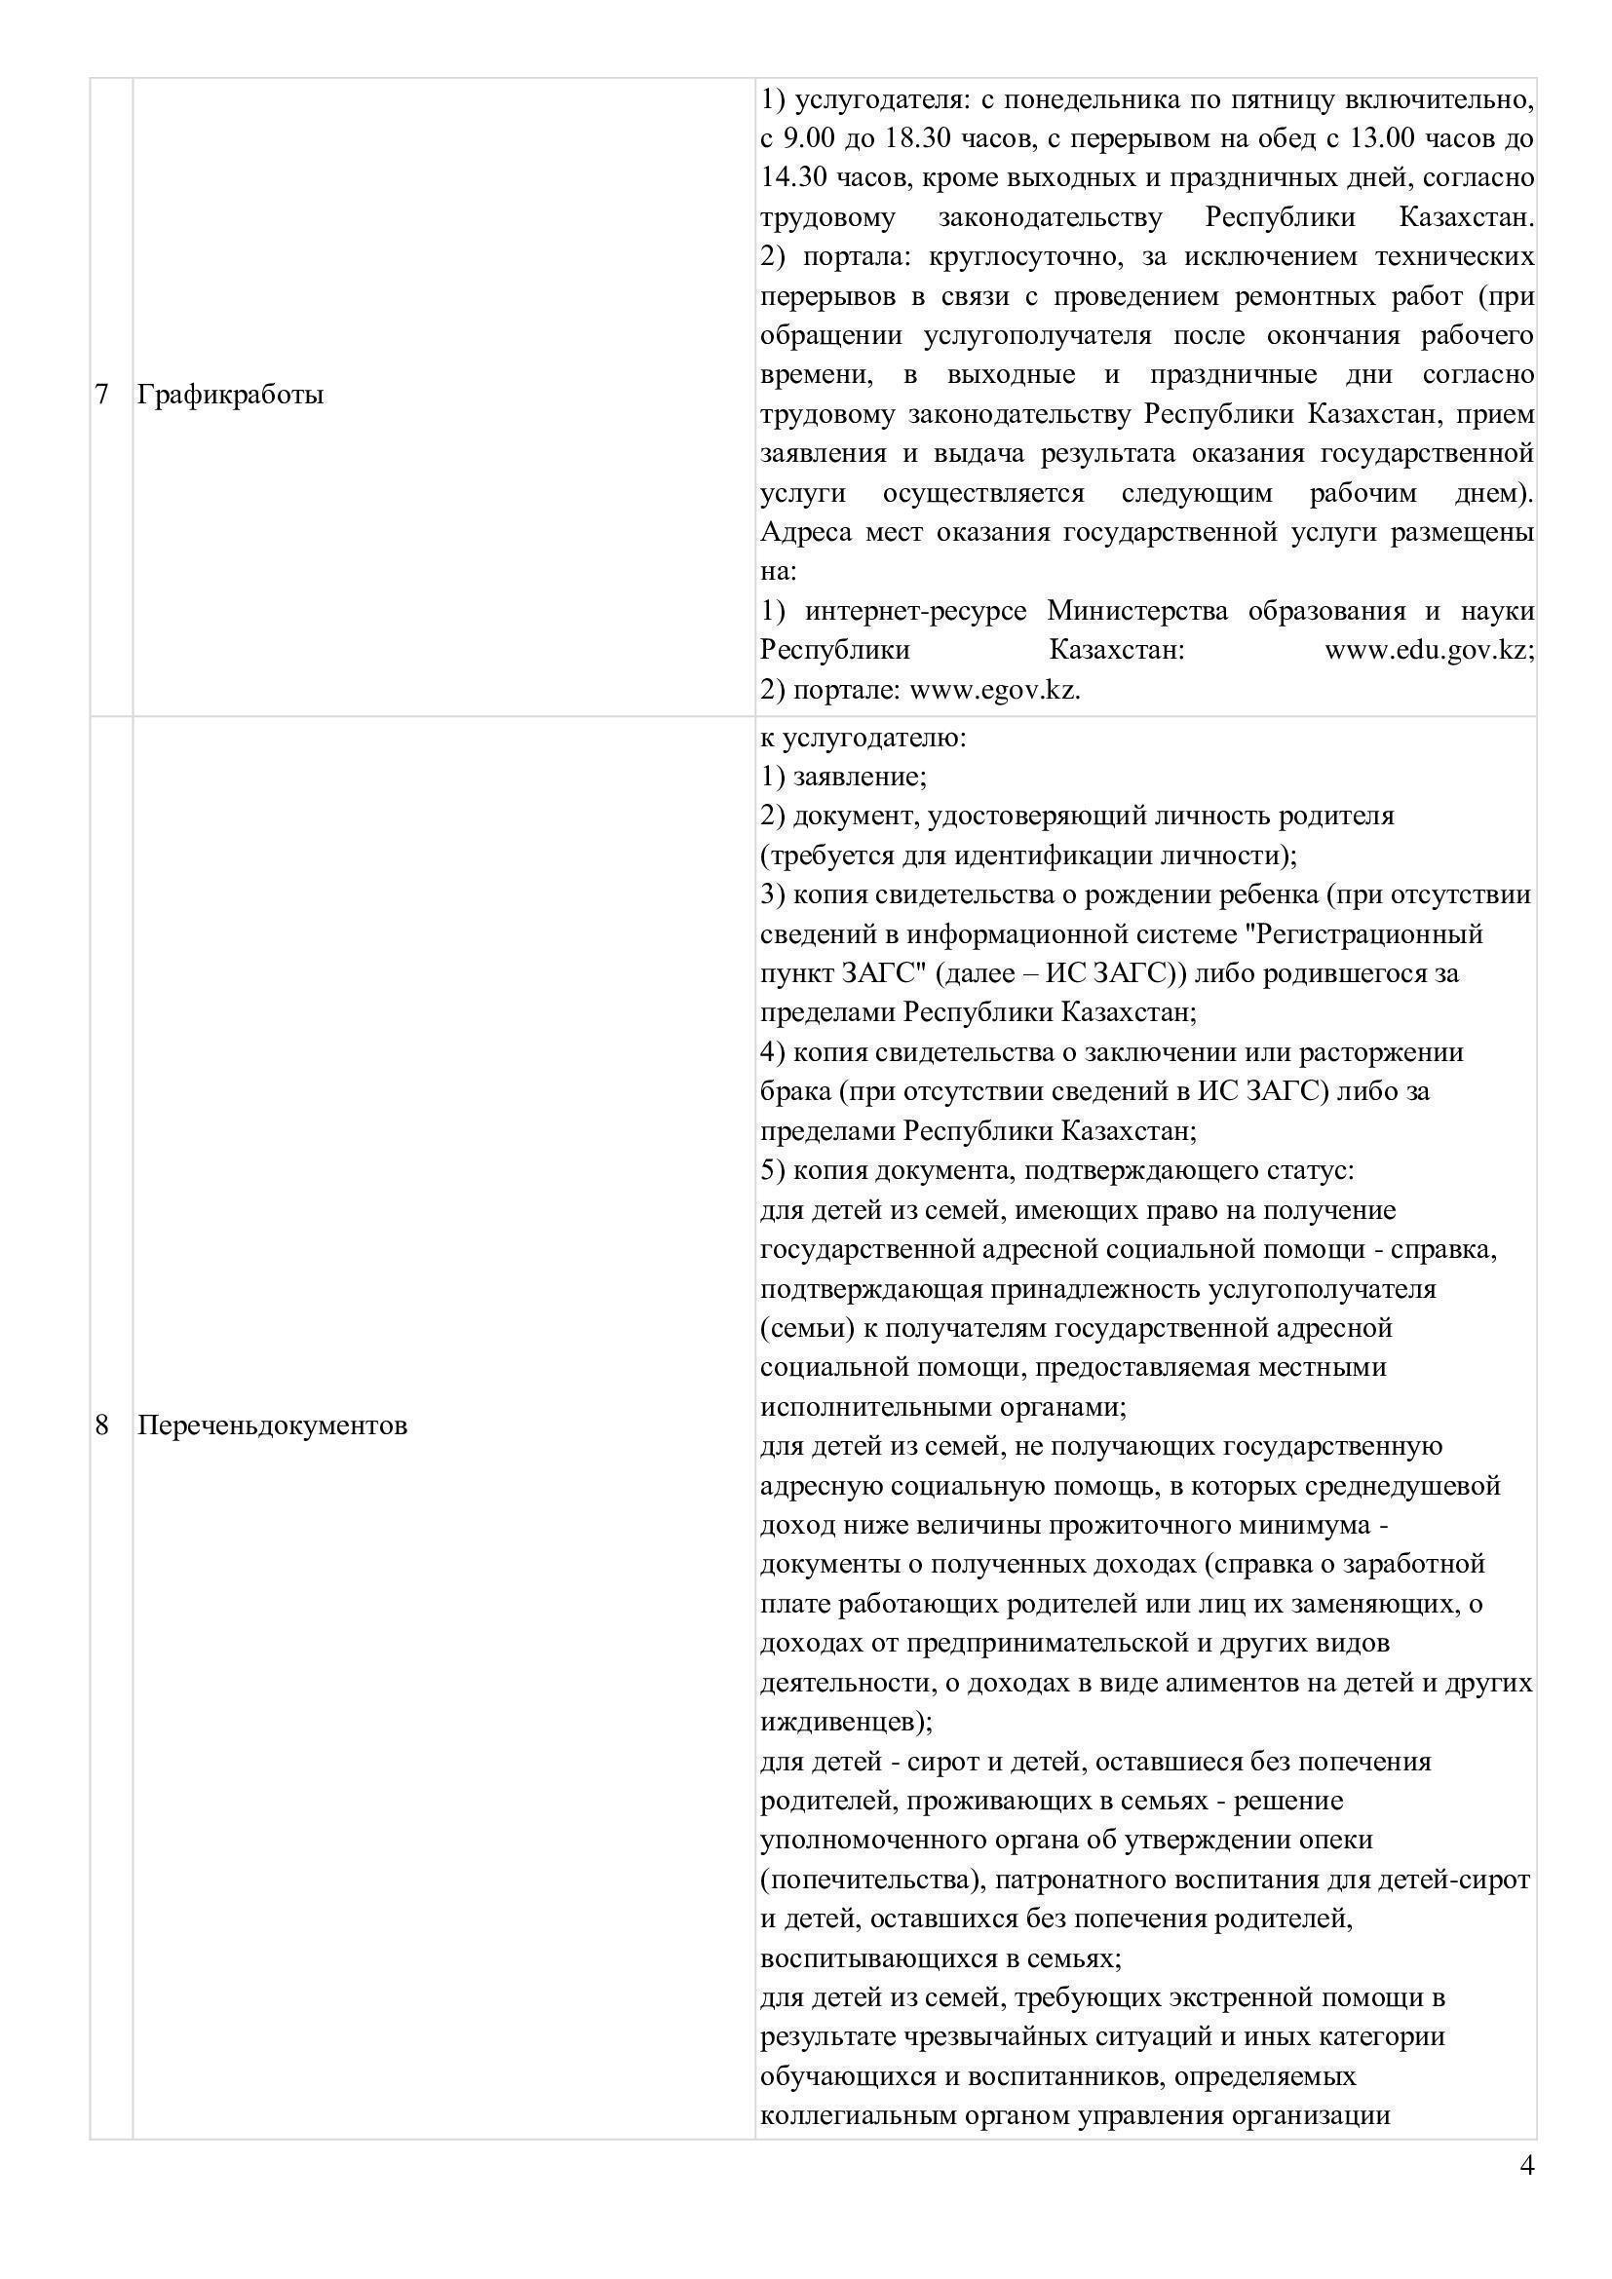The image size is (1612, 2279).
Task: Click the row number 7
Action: [x=101, y=395]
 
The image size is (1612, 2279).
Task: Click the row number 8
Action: [x=101, y=1425]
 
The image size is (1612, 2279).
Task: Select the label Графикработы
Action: [x=230, y=395]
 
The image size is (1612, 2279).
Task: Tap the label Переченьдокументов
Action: [x=272, y=1425]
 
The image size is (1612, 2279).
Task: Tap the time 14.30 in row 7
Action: [x=794, y=177]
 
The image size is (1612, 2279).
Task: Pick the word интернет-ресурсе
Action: [x=916, y=611]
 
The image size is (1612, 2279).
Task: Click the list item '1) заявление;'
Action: [x=844, y=777]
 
